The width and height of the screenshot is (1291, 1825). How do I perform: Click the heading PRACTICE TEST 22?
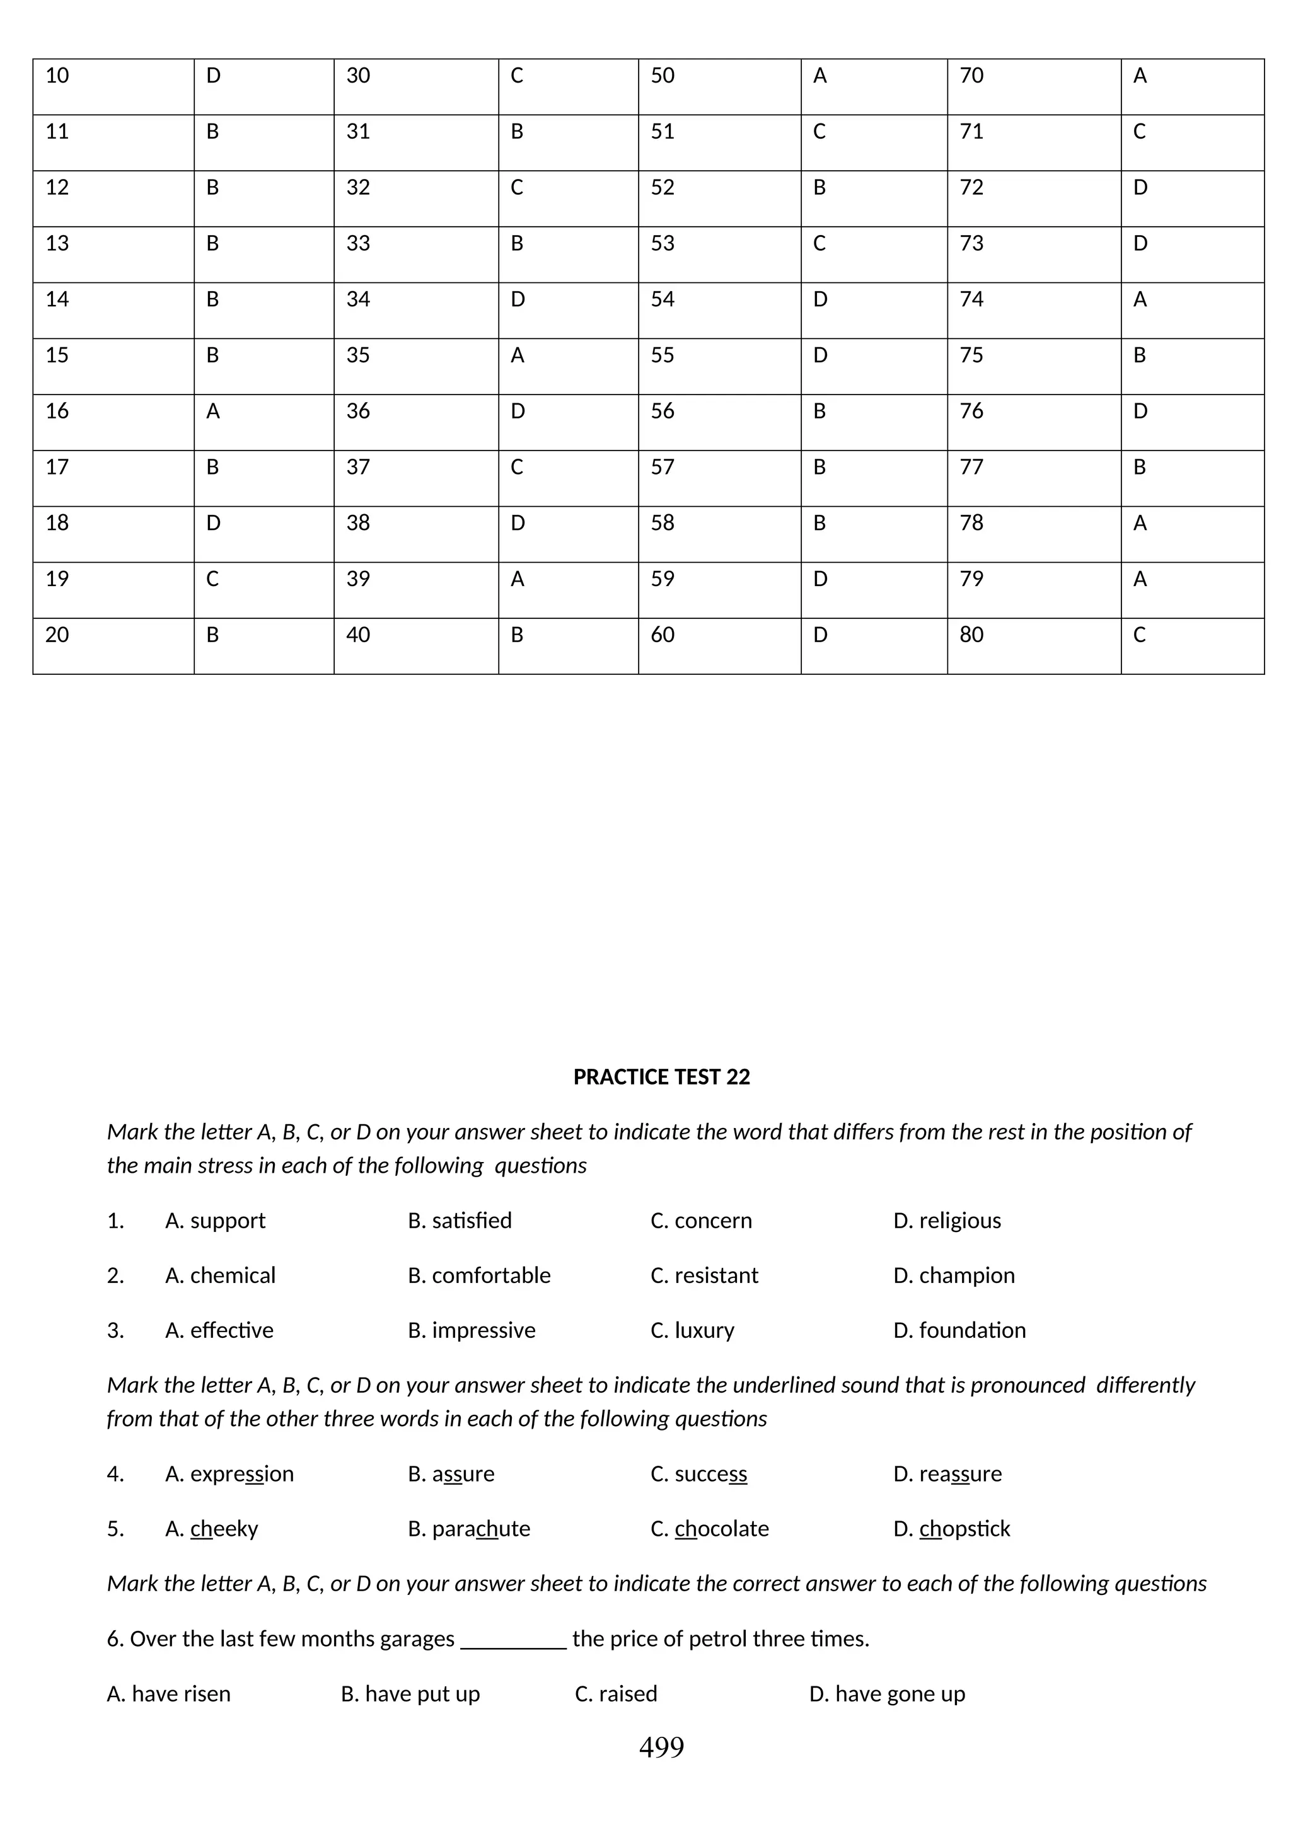click(661, 1077)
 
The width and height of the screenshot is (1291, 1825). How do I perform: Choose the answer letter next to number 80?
click(1139, 635)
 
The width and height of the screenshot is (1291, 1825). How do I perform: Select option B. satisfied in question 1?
click(460, 1220)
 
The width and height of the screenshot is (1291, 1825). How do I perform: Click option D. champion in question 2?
click(954, 1275)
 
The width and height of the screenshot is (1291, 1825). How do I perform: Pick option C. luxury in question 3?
click(692, 1330)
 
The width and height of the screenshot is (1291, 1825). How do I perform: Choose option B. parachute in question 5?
click(468, 1529)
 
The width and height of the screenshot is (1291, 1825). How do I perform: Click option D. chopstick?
click(952, 1529)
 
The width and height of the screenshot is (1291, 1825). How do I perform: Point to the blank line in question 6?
click(514, 1639)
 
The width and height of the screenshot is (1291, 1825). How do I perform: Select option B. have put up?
click(410, 1694)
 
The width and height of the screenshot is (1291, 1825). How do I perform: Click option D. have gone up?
click(886, 1694)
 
